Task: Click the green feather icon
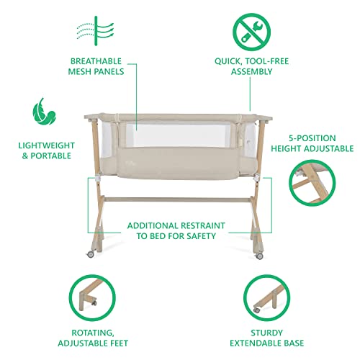[x=44, y=112]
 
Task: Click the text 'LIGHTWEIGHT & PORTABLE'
[x=44, y=150]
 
